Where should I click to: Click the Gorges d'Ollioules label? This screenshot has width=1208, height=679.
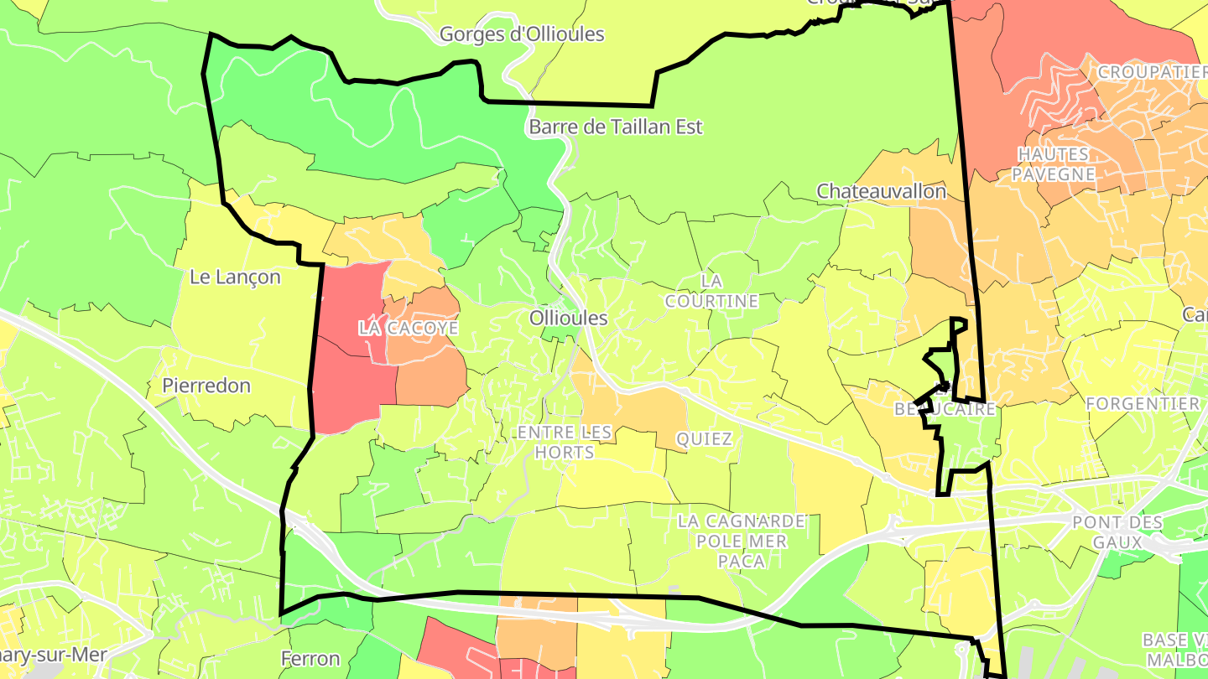pos(522,34)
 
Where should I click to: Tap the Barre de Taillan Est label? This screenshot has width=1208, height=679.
pos(615,127)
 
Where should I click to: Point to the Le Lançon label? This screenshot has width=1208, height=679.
pos(235,277)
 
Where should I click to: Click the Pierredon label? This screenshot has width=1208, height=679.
pos(206,386)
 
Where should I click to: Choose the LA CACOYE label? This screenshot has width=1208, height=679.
pos(409,328)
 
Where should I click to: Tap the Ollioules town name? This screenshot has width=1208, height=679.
pos(568,319)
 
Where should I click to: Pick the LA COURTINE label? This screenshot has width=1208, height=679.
pos(711,290)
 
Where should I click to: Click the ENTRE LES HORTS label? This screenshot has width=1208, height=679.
pos(566,442)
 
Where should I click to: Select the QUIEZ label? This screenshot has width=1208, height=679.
pos(704,438)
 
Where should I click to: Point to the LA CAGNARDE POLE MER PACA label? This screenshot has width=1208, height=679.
pos(742,542)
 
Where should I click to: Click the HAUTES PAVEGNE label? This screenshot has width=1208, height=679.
pos(1054,164)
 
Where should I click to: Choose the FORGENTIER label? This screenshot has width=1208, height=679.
pos(1143,404)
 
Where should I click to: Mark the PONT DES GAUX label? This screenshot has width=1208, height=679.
pos(1117,532)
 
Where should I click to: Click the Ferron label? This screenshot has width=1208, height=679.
pos(310,659)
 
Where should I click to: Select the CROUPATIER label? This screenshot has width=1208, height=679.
pos(1151,72)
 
